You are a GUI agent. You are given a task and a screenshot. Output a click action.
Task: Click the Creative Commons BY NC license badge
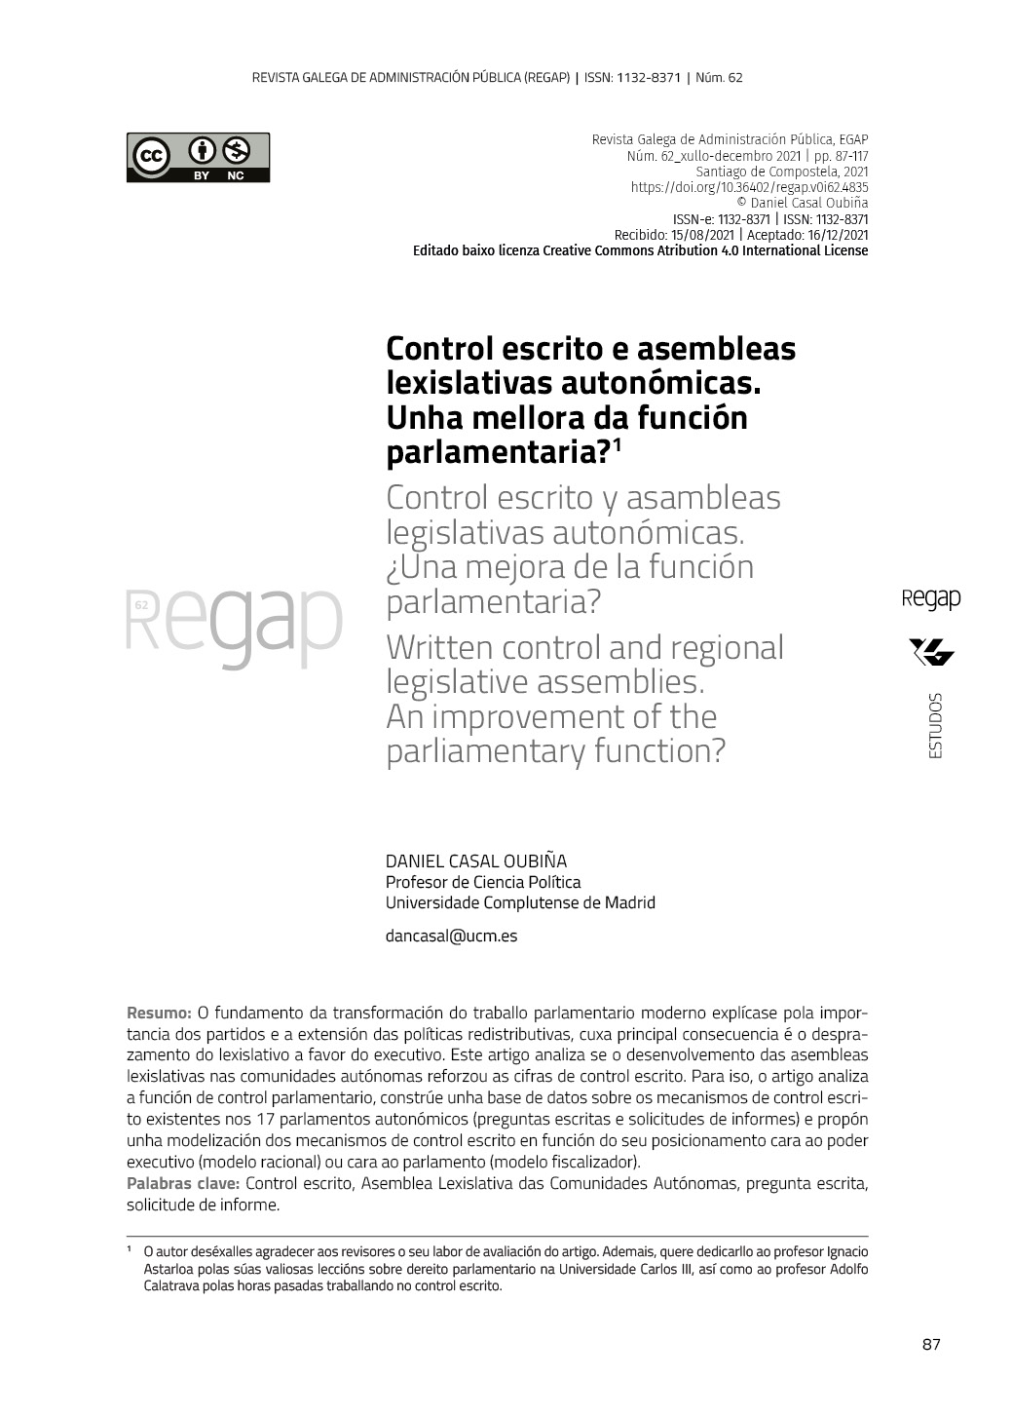[x=198, y=157]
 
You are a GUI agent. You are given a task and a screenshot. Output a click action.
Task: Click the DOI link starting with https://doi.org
[x=749, y=187]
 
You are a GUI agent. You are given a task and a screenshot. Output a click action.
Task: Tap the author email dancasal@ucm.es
[x=451, y=936]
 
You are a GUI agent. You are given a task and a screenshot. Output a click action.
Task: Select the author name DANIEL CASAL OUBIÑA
[x=475, y=861]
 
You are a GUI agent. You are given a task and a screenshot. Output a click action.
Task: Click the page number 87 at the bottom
[x=930, y=1345]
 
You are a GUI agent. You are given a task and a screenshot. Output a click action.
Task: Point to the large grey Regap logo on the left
[x=235, y=624]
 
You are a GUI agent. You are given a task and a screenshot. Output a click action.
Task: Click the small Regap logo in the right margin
[x=931, y=598]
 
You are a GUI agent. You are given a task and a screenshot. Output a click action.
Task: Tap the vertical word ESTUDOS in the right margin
[x=935, y=726]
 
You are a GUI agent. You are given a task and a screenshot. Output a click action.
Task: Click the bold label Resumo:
[x=159, y=1013]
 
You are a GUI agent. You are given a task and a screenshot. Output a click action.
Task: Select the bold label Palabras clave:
[x=183, y=1183]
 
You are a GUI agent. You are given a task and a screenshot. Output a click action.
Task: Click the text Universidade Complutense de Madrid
[x=520, y=902]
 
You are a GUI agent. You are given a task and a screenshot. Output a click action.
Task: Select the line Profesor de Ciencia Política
[x=483, y=882]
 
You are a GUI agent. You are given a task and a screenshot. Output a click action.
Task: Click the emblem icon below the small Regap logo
[x=931, y=651]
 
